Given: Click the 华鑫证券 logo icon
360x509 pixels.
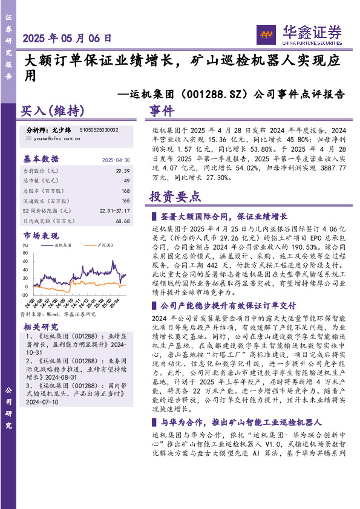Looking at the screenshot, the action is click(265, 34).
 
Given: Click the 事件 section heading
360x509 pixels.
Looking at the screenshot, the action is click(162, 112).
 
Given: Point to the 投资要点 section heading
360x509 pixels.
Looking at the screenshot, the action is click(175, 196).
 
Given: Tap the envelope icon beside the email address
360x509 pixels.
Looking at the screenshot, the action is click(30, 138).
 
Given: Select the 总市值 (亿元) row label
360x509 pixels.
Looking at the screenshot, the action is click(41, 181).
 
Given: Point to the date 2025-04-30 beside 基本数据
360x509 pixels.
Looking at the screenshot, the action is click(116, 160).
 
